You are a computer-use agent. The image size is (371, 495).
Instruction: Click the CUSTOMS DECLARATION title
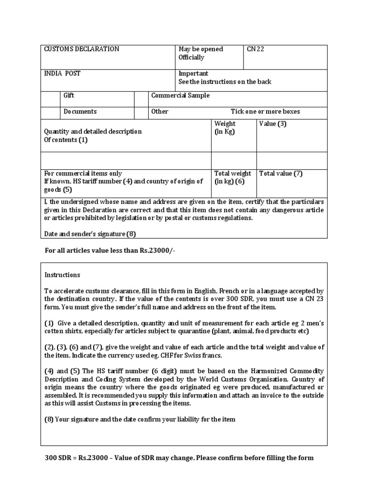[x=82, y=49]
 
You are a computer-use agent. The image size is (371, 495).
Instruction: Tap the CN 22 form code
[x=256, y=49]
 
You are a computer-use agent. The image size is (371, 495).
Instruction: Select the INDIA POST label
[x=62, y=73]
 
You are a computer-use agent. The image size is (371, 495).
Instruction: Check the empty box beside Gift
[x=50, y=99]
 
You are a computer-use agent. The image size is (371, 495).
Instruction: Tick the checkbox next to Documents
[x=50, y=113]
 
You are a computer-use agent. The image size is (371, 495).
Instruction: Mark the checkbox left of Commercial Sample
[x=141, y=99]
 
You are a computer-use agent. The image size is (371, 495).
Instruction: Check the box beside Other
[x=141, y=113]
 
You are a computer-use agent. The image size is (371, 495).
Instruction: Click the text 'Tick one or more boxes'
[x=265, y=112]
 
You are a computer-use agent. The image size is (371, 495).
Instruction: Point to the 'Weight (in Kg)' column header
[x=225, y=128]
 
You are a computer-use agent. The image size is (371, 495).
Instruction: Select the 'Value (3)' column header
[x=273, y=124]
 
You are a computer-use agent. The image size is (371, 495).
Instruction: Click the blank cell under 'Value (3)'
[x=291, y=160]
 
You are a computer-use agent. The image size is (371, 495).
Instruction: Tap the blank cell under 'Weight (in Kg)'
[x=233, y=160]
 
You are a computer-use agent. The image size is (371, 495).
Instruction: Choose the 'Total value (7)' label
[x=281, y=174]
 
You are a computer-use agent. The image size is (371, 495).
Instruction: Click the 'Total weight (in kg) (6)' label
[x=232, y=177]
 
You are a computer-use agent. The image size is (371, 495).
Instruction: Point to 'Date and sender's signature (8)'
[x=90, y=234]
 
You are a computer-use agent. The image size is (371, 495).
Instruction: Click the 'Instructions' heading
[x=62, y=275]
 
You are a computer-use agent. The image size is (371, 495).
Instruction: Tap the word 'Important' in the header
[x=193, y=73]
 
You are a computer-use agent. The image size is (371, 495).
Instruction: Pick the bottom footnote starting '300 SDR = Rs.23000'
[x=179, y=458]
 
